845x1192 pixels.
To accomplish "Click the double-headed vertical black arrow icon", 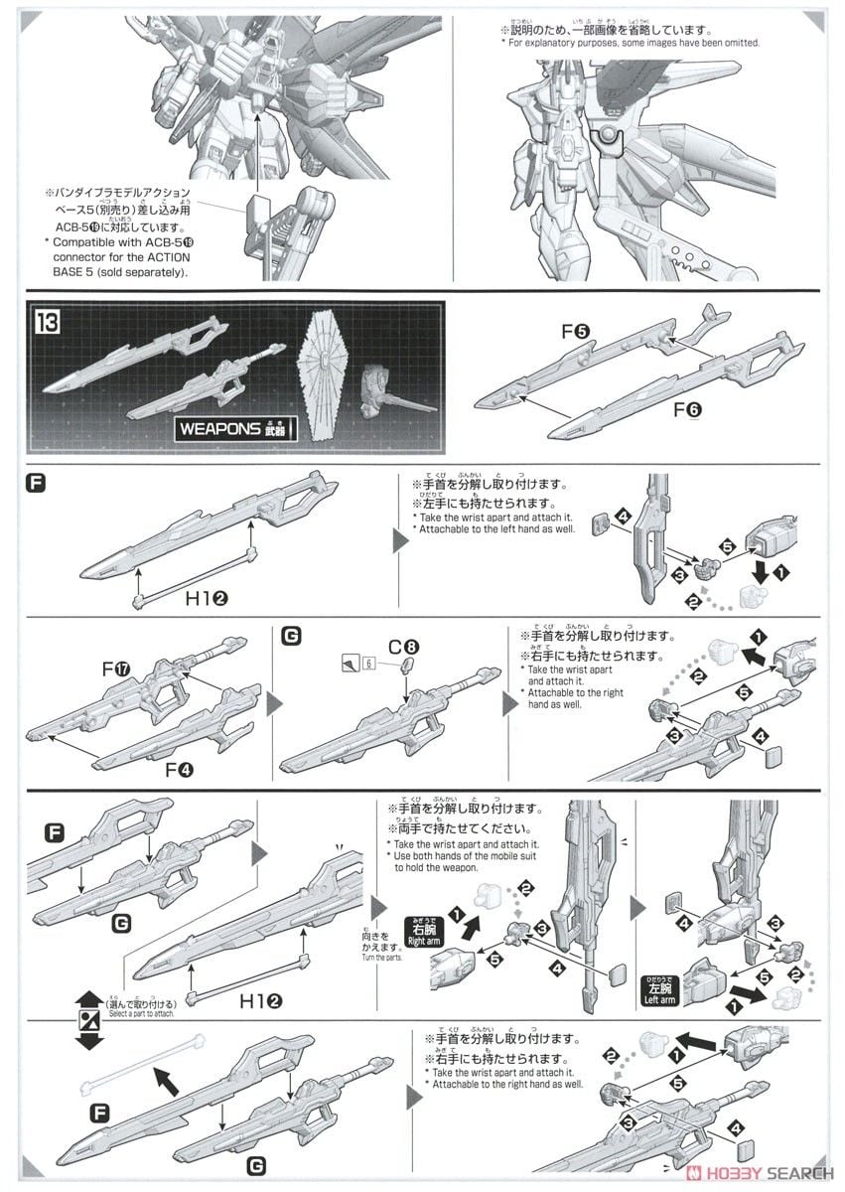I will (x=89, y=1020).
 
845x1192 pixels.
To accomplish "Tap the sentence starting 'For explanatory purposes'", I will (x=632, y=43).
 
